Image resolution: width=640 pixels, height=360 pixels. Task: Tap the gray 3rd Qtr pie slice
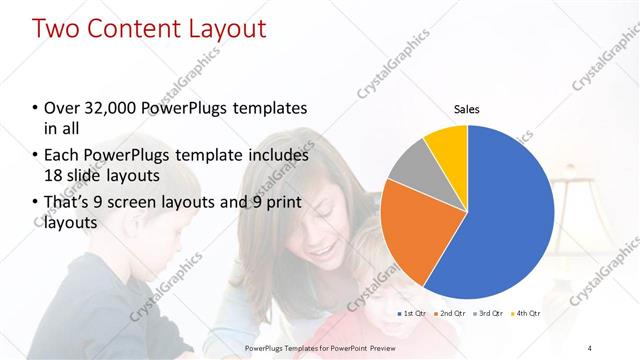coord(407,166)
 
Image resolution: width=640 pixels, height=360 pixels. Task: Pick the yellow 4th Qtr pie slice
coord(446,145)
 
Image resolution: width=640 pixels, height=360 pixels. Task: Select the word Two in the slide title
coord(57,29)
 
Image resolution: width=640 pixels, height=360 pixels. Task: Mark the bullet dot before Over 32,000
coord(36,109)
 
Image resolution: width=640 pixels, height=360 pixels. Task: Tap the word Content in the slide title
coord(131,29)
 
